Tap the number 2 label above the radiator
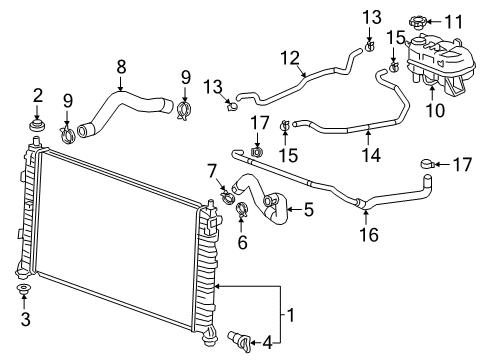(x=38, y=95)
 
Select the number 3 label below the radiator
(x=25, y=320)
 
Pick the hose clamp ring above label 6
(x=242, y=211)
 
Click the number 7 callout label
(x=211, y=172)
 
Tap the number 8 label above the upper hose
(x=121, y=67)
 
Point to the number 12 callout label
(x=291, y=58)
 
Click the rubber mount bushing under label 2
(x=38, y=127)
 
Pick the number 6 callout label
(x=242, y=241)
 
